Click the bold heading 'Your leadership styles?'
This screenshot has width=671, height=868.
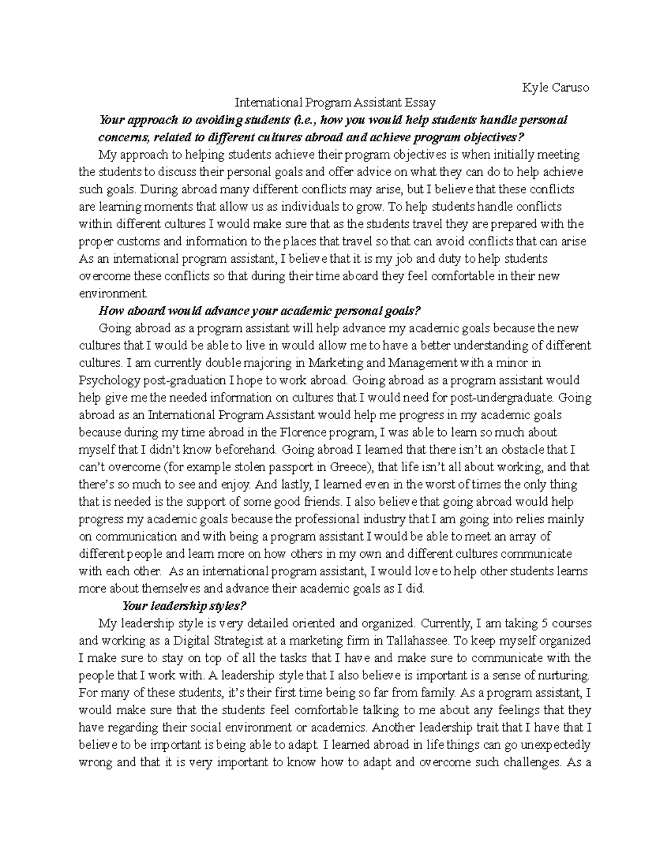pos(184,606)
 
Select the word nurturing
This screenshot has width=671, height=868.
pos(563,675)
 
